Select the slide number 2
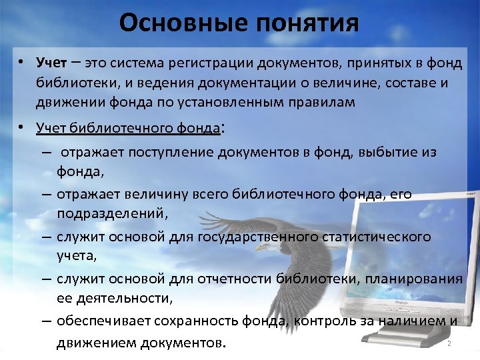pos(449,343)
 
